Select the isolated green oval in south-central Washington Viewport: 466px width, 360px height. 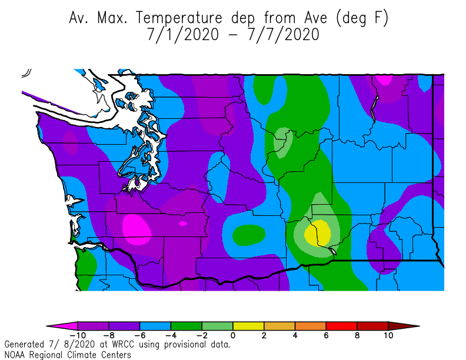[248, 235]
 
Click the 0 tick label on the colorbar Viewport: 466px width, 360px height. [233, 336]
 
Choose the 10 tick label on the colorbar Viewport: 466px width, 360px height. [388, 336]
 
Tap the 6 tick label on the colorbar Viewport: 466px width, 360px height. [327, 336]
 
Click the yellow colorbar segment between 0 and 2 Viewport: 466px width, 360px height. [248, 325]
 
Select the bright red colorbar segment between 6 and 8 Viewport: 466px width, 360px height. [342, 325]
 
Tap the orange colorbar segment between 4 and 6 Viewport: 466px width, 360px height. [311, 325]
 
